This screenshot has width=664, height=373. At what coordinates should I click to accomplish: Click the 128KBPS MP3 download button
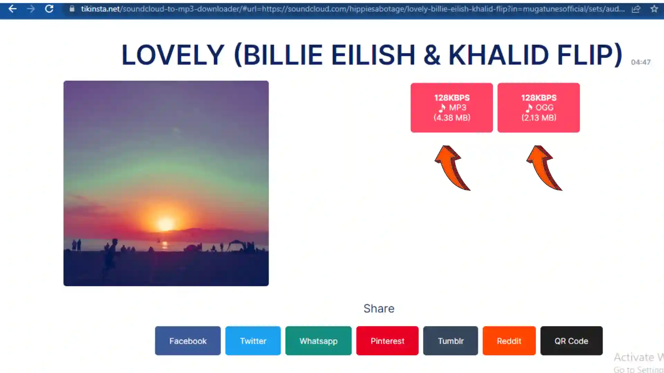[452, 107]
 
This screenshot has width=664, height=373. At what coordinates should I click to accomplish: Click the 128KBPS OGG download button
[538, 107]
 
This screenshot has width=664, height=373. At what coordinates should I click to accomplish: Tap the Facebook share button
[188, 341]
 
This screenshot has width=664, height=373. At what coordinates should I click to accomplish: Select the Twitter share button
[253, 341]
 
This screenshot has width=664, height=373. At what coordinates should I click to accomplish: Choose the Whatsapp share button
[319, 341]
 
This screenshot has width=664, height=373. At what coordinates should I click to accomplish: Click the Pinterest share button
[387, 341]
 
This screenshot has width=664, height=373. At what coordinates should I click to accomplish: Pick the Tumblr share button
[451, 341]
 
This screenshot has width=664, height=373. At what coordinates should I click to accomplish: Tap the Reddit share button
[509, 341]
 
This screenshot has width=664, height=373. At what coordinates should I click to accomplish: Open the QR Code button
[571, 341]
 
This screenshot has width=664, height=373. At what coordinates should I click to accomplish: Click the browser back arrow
[12, 9]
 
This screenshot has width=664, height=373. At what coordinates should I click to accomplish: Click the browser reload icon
[49, 9]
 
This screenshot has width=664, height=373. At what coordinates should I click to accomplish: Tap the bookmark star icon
[654, 9]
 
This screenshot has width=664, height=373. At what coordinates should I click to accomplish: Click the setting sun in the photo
[166, 224]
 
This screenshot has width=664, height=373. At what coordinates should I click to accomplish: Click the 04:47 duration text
[641, 62]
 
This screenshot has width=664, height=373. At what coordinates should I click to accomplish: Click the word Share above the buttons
[379, 308]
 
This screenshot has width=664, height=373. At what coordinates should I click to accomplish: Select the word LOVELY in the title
[173, 55]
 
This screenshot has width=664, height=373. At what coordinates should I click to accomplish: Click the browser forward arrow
[31, 9]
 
